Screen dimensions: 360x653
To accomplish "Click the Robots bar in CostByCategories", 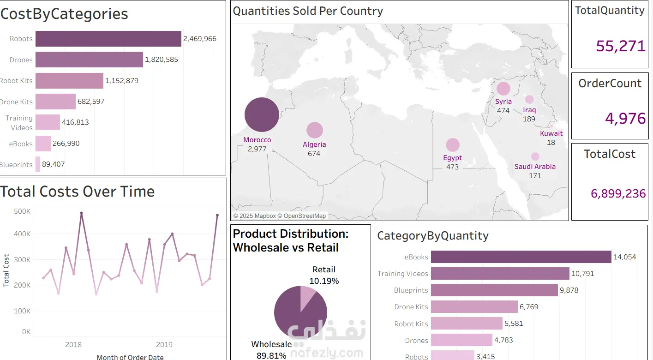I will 108,39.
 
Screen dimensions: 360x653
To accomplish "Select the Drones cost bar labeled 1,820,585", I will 89,60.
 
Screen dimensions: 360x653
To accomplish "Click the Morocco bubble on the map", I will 262,115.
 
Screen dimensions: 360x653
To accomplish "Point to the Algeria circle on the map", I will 314,130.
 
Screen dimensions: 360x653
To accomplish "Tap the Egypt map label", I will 452,158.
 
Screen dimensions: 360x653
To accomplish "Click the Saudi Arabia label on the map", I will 535,167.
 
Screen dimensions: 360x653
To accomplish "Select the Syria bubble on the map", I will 503,89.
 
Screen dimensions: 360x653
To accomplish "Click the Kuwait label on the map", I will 551,133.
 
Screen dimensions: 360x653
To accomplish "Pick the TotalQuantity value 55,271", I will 620,46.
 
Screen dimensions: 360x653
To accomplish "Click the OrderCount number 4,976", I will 625,119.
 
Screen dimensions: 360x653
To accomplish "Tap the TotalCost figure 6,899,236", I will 618,193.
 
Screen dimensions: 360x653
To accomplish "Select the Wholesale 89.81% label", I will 271,349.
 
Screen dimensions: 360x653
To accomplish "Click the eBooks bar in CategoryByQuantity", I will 521,257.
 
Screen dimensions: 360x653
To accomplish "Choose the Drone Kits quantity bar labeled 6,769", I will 474,307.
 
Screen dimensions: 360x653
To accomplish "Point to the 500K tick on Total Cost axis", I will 23,211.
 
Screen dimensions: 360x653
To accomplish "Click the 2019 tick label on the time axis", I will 164,344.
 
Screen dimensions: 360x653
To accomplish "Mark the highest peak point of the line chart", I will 81,213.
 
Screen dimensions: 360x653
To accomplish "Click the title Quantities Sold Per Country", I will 308,11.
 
